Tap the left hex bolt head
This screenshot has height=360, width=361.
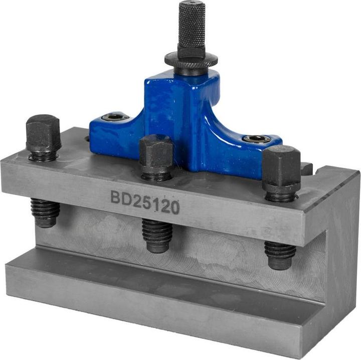(x=43, y=133)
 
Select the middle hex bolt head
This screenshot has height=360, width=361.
(x=156, y=152)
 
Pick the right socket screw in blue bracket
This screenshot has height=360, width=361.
(x=257, y=139)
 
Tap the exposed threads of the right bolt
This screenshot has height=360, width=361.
(x=279, y=254)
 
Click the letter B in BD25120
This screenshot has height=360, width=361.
(x=115, y=196)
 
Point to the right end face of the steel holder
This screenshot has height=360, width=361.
(x=341, y=251)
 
